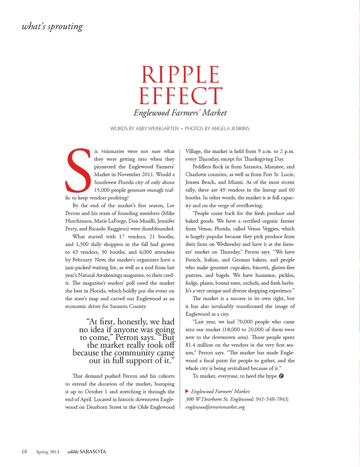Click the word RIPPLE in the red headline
coord(180,75)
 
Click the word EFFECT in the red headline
coord(180,96)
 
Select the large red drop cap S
coord(78,171)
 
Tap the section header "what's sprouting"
coord(52,26)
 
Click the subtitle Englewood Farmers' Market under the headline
coord(180,113)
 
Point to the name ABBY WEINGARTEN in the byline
coord(157,129)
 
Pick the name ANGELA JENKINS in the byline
coord(230,129)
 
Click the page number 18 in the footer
coord(24,452)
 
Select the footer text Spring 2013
coord(48,452)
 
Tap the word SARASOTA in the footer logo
coord(93,452)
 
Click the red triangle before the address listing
coord(187,391)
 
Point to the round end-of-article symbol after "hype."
coord(281,376)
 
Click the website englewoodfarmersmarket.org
coord(215,407)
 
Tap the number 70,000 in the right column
coord(245,322)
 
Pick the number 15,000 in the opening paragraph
coord(102,190)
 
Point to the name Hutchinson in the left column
coord(78,221)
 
